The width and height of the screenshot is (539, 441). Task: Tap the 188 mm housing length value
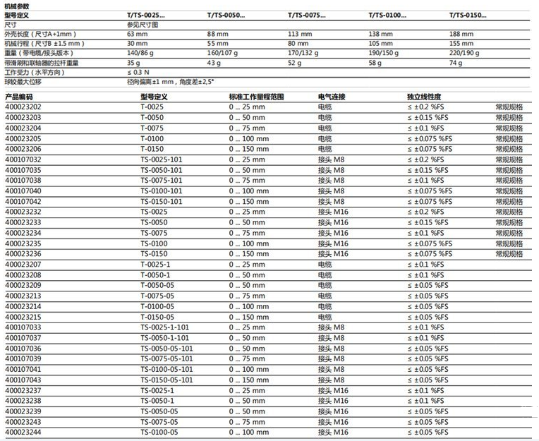(x=461, y=34)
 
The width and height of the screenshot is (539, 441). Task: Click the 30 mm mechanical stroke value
(x=135, y=44)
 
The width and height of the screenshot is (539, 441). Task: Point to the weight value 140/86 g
(x=141, y=53)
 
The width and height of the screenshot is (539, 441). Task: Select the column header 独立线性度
(x=424, y=96)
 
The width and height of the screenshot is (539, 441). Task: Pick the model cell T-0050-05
(x=157, y=286)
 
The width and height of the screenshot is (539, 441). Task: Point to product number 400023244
(x=23, y=432)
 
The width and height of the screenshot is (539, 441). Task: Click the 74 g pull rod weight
(x=456, y=63)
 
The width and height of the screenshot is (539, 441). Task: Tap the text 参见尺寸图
(x=143, y=24)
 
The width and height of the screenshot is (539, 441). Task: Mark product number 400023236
(x=23, y=253)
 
